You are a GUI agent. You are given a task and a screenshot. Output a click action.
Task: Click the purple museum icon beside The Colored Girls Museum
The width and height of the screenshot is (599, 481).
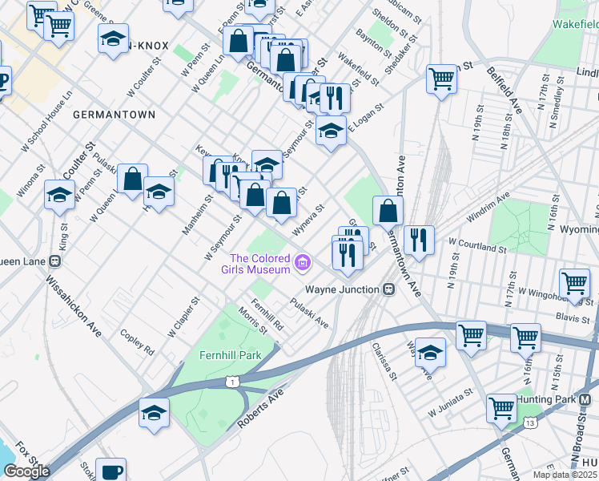click(302, 262)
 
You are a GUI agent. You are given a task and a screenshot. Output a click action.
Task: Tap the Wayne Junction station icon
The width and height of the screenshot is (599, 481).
click(388, 289)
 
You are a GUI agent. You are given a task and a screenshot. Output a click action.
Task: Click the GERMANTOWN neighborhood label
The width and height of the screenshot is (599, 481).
click(114, 115)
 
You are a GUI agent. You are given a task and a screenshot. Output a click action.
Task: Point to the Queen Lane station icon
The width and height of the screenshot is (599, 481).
click(54, 260)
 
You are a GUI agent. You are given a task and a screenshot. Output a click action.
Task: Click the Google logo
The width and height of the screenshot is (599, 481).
click(26, 471)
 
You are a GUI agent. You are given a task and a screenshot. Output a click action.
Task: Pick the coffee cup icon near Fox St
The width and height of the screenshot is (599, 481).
click(111, 471)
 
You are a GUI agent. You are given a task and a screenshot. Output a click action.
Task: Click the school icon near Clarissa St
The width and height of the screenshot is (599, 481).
click(431, 352)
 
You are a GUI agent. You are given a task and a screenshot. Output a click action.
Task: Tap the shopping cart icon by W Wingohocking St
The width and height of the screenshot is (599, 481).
click(575, 282)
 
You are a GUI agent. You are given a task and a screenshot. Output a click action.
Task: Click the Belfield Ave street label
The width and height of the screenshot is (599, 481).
click(504, 90)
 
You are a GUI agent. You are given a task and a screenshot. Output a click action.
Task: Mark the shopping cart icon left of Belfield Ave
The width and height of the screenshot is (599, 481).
click(441, 79)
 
